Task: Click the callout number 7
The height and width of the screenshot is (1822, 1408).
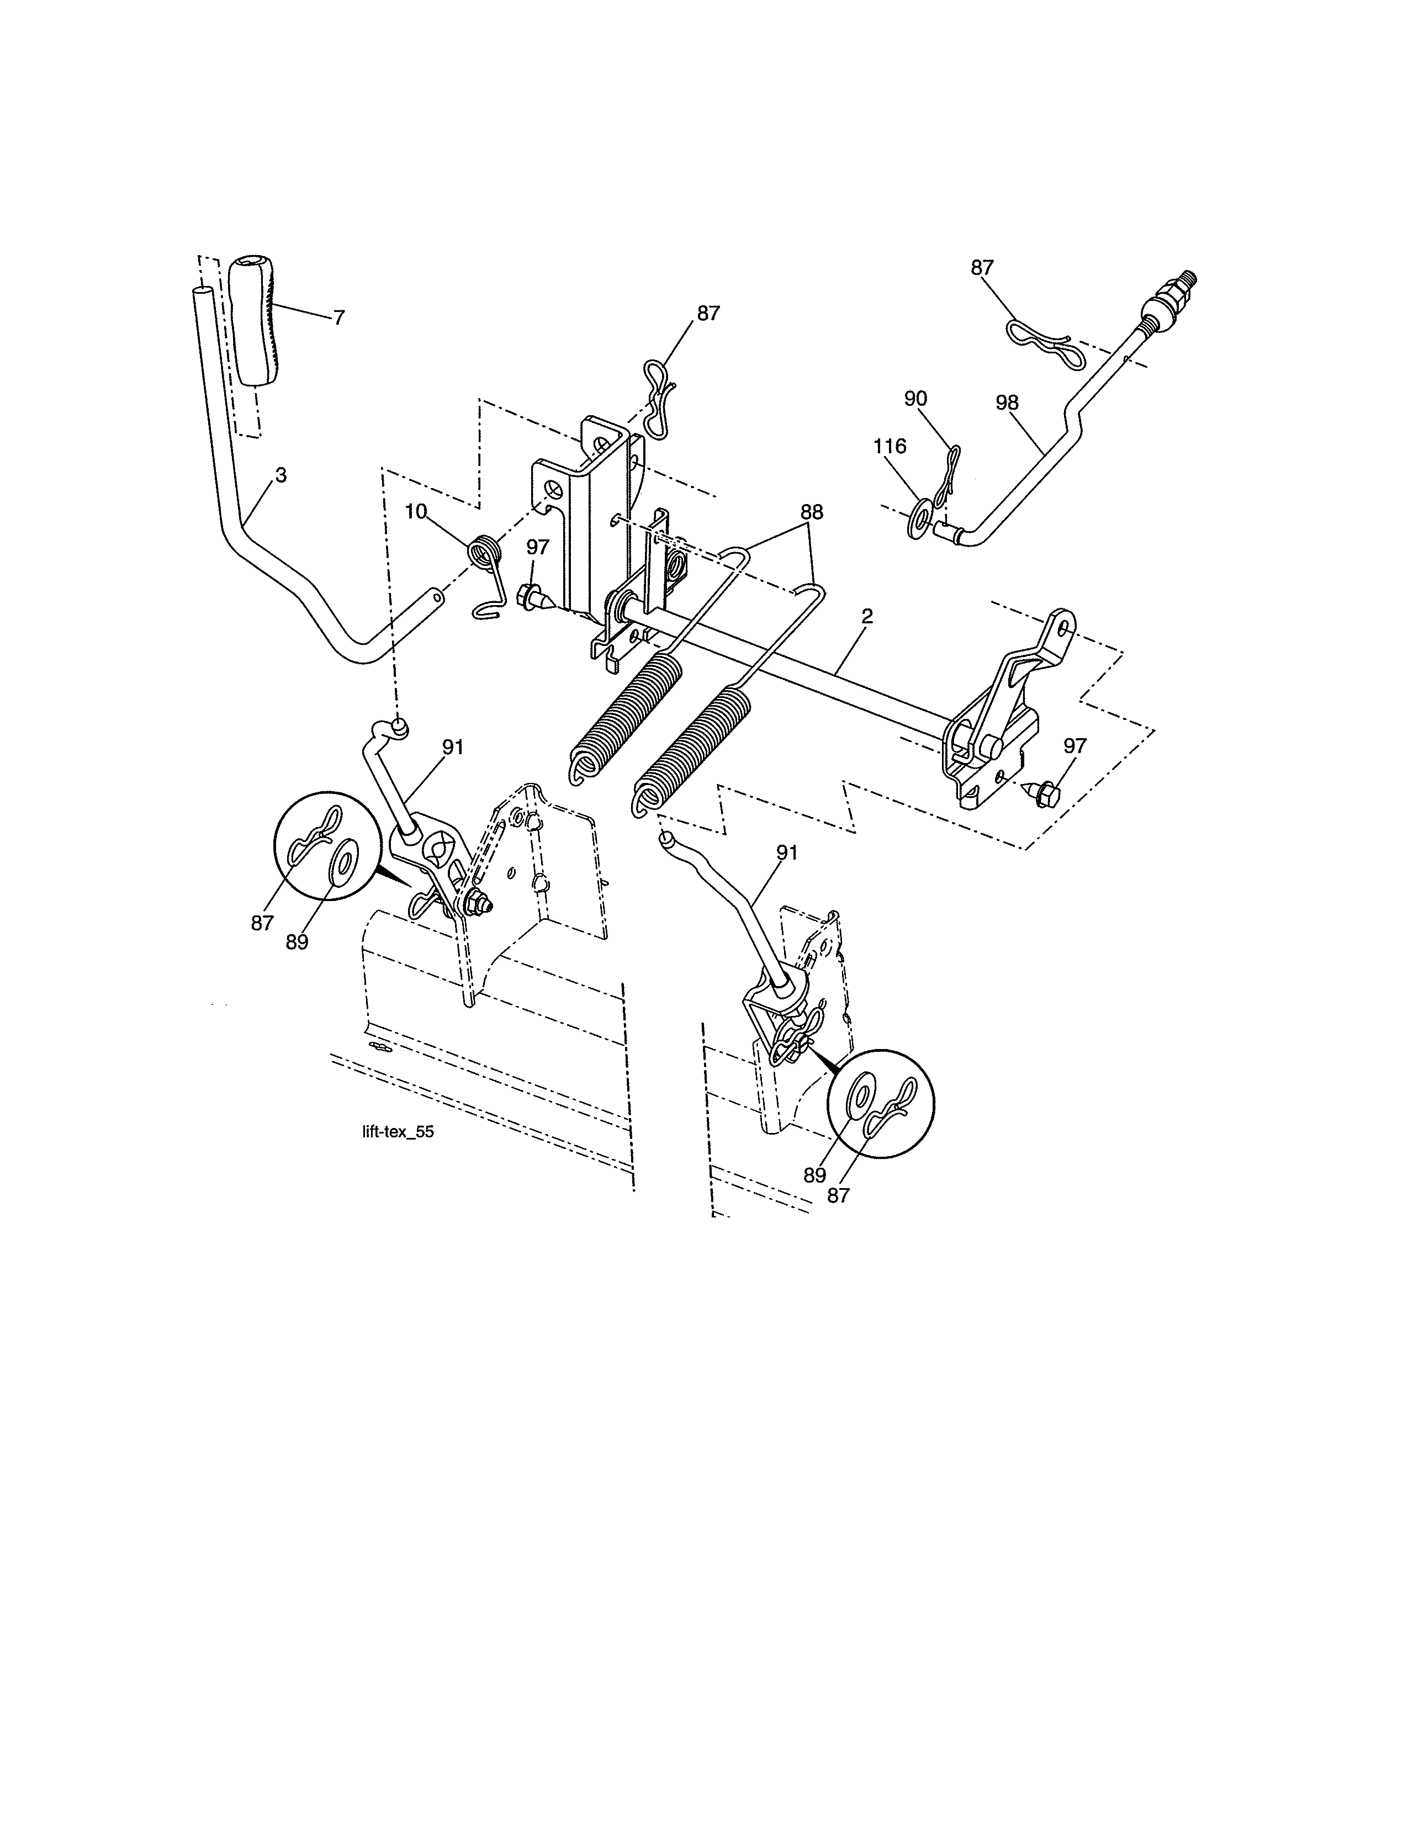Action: click(338, 318)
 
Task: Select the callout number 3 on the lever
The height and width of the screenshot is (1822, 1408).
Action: click(281, 475)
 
